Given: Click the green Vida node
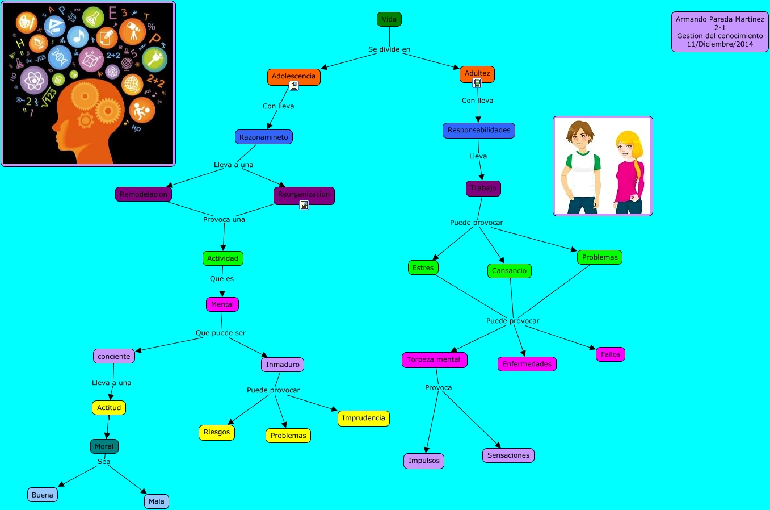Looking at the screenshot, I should pyautogui.click(x=389, y=19).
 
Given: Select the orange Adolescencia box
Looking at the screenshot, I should pyautogui.click(x=293, y=76).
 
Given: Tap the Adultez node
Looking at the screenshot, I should pyautogui.click(x=477, y=73).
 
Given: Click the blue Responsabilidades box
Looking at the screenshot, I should pyautogui.click(x=478, y=130).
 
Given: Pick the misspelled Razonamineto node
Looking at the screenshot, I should pyautogui.click(x=263, y=137).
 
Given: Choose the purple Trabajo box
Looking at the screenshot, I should pyautogui.click(x=483, y=188).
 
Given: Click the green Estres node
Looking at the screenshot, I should pyautogui.click(x=423, y=267).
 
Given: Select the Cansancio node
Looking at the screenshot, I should pyautogui.click(x=509, y=271).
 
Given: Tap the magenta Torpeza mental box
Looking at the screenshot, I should pyautogui.click(x=434, y=359).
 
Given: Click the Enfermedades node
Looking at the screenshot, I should pyautogui.click(x=527, y=364).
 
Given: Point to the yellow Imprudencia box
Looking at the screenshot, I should pyautogui.click(x=363, y=418).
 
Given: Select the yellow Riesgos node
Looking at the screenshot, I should pyautogui.click(x=217, y=432).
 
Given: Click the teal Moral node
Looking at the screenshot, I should pyautogui.click(x=104, y=446).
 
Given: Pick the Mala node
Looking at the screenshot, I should pyautogui.click(x=156, y=501).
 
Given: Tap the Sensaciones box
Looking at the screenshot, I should pyautogui.click(x=508, y=455).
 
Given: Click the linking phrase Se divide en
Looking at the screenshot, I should pyautogui.click(x=389, y=49).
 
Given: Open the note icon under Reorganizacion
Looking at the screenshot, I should pyautogui.click(x=304, y=204).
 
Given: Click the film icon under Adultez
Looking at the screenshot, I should pyautogui.click(x=477, y=83).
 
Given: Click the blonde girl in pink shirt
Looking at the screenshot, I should pyautogui.click(x=628, y=170).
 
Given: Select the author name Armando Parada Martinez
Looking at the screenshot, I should pyautogui.click(x=719, y=19).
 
